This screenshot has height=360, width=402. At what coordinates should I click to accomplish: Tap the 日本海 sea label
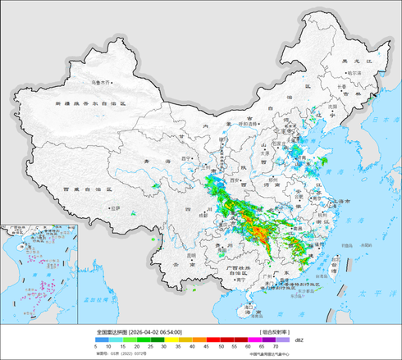379,121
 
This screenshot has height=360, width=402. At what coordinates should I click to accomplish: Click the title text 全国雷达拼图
112,332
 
